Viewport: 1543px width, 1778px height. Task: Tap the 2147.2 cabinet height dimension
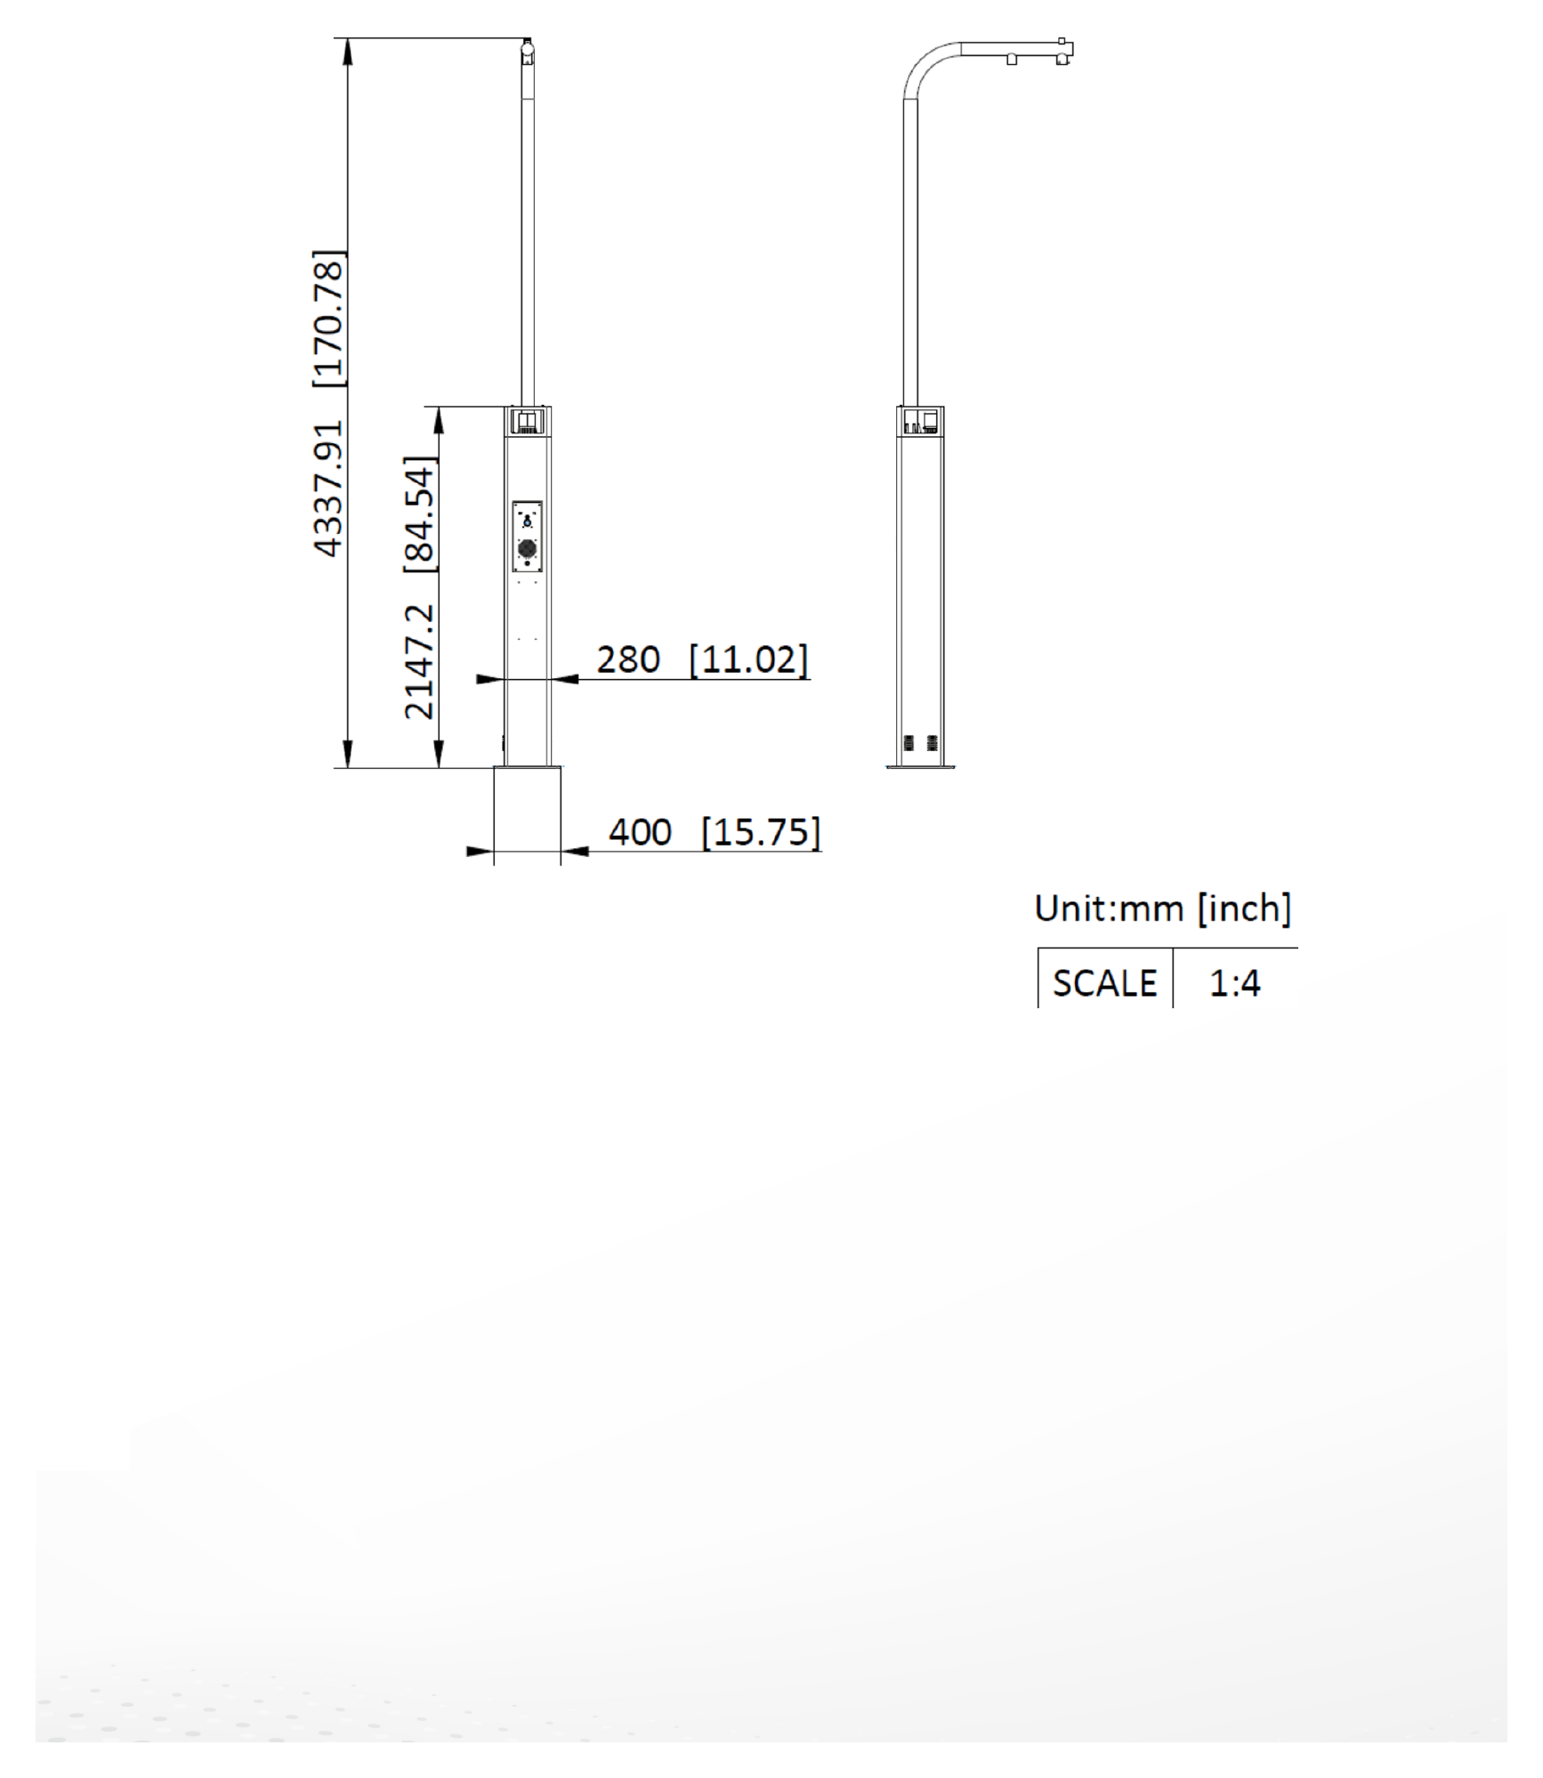[418, 661]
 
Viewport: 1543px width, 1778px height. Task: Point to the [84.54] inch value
[420, 513]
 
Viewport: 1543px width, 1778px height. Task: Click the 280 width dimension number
[628, 659]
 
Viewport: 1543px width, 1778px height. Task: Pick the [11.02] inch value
[749, 659]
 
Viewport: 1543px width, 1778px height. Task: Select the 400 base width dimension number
[640, 832]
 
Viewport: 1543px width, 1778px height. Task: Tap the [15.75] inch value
[761, 832]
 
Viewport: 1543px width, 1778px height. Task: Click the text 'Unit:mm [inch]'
[1162, 908]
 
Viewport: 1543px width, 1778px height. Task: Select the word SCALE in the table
[1104, 983]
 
